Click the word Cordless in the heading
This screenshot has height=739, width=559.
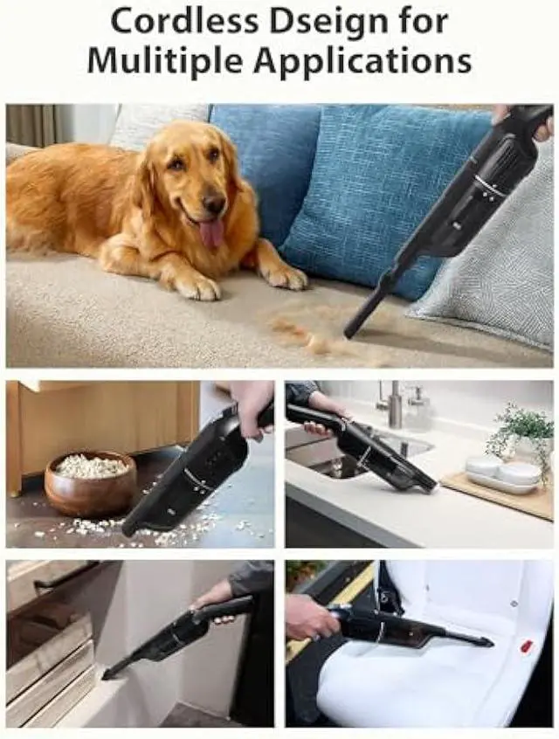click(x=186, y=22)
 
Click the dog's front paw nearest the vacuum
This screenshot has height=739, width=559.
click(x=286, y=278)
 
